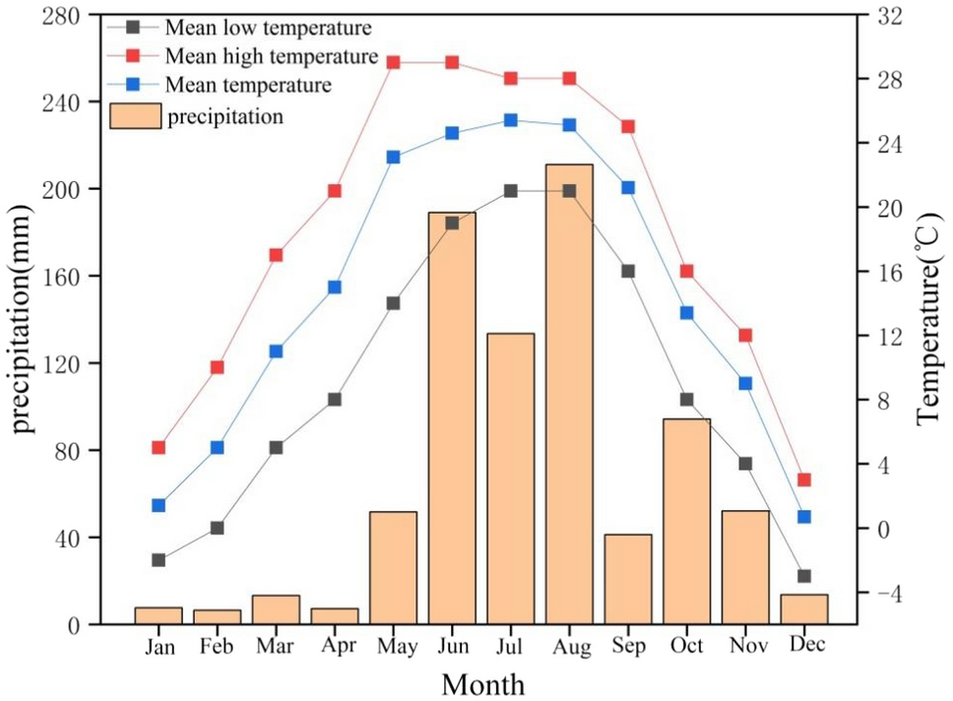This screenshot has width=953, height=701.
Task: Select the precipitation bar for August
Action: click(569, 394)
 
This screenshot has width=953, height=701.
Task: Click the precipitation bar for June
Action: click(452, 417)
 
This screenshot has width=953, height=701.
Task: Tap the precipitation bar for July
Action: click(510, 478)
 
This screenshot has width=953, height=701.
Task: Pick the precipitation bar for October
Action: click(686, 521)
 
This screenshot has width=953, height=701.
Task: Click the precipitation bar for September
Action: click(628, 579)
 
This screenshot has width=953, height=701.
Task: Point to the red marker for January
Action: click(159, 447)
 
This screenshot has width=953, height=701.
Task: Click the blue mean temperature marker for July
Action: click(510, 120)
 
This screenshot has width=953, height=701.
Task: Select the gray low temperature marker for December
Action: click(804, 576)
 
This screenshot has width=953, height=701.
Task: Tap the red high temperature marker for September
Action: click(628, 126)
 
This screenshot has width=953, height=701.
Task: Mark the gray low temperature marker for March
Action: click(276, 447)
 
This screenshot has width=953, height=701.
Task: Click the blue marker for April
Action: click(335, 287)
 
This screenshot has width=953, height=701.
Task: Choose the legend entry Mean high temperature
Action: click(273, 56)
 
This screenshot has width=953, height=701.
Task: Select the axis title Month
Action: click(481, 683)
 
